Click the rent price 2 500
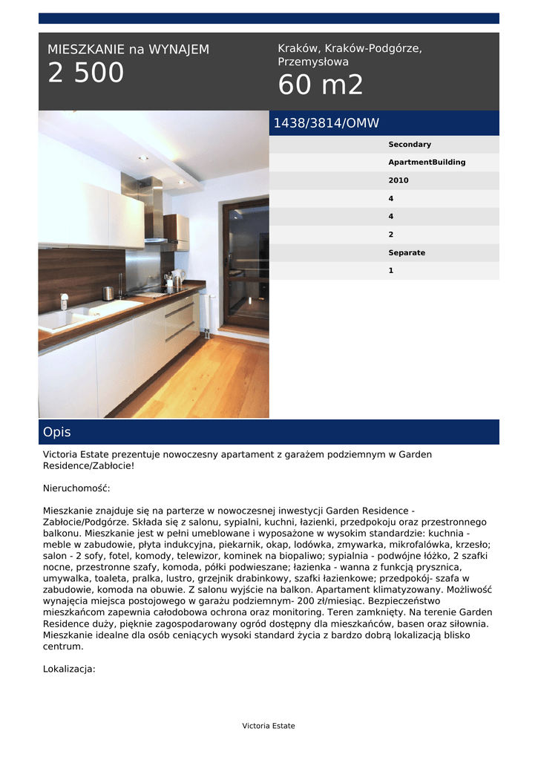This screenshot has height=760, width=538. click(86, 73)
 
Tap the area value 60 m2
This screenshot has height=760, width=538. click(321, 85)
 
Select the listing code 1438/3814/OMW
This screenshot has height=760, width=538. click(326, 123)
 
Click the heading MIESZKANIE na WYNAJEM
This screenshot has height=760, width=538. click(128, 50)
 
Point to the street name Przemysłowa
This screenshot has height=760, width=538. click(313, 62)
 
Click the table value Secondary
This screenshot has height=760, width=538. click(410, 145)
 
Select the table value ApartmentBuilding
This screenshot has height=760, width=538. click(427, 163)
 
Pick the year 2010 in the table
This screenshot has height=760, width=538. click(398, 180)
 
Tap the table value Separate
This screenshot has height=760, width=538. click(407, 252)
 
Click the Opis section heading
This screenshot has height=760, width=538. click(57, 432)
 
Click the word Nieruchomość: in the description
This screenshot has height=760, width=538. click(76, 488)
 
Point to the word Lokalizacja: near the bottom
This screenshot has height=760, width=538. click(69, 669)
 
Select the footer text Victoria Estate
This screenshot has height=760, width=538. click(269, 726)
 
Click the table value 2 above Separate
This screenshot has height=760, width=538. click(391, 235)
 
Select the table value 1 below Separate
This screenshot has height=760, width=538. click(391, 271)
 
